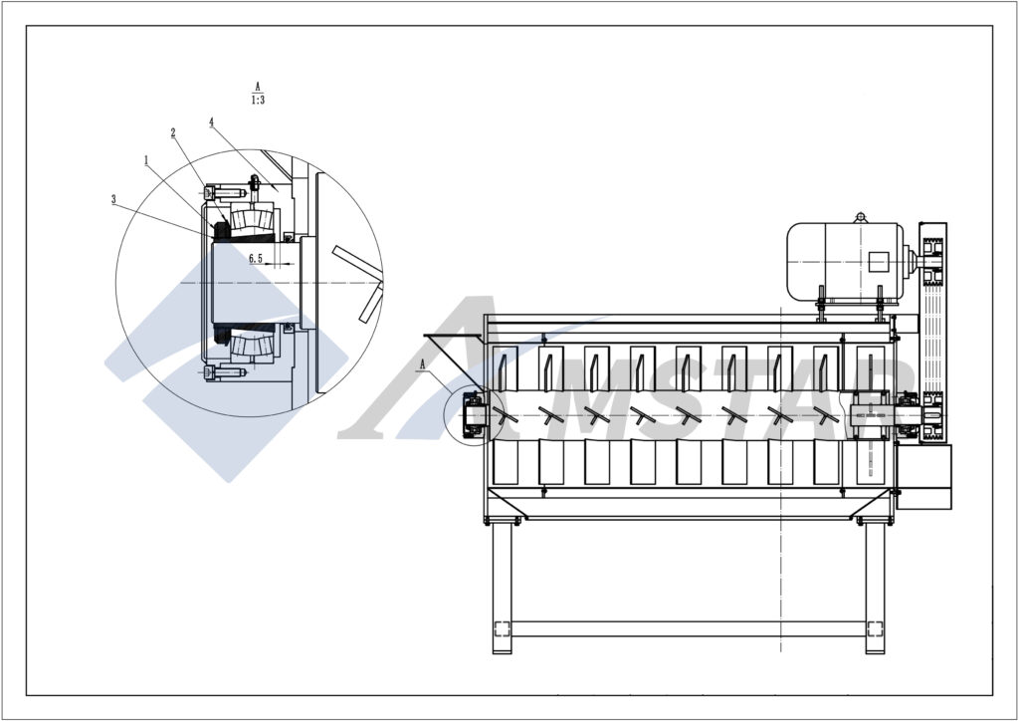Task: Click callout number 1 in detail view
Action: click(146, 158)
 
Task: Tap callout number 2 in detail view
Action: click(173, 131)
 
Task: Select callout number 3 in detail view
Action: click(114, 198)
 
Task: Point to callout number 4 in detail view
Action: click(212, 121)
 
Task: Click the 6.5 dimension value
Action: click(256, 258)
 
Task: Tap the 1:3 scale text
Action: click(258, 100)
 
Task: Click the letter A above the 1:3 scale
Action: click(258, 87)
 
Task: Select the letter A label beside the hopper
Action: click(422, 364)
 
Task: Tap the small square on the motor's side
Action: click(877, 262)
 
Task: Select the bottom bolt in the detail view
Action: click(225, 372)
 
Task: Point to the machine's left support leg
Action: click(502, 588)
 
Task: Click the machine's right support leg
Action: click(875, 588)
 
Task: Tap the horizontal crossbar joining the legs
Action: click(688, 629)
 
